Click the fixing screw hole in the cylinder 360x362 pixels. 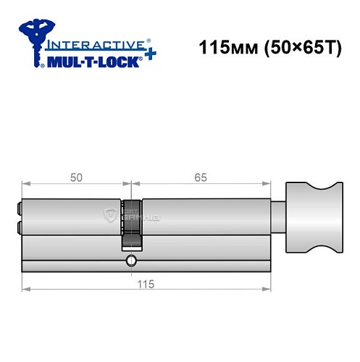point(130,260)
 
